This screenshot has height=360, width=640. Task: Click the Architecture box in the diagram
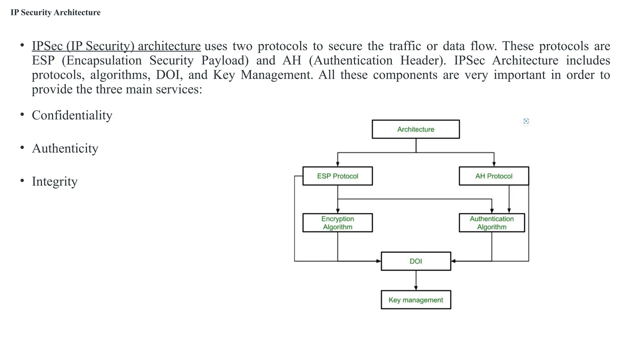tap(416, 129)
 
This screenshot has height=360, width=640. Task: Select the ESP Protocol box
tap(337, 176)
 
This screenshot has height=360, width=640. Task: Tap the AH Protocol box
tap(494, 176)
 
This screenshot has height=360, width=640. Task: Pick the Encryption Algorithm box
tap(337, 223)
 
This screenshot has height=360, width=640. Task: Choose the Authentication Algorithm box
tap(492, 223)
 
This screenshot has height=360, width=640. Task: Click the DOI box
tap(416, 261)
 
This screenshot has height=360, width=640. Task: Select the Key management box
tap(416, 300)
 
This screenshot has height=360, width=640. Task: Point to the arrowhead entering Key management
tap(416, 288)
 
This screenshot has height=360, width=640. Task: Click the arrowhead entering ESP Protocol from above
tap(337, 164)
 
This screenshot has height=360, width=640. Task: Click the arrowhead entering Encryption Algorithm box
tap(337, 211)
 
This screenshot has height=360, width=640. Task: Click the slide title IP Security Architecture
tap(56, 12)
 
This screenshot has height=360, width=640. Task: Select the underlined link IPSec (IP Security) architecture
tap(116, 46)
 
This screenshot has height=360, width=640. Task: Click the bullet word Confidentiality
tap(72, 115)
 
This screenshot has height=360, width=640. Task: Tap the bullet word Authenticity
tap(65, 148)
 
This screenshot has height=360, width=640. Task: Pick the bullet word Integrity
tap(55, 182)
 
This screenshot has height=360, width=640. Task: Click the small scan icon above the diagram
tap(526, 121)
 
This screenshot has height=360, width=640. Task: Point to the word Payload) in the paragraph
tap(225, 60)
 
